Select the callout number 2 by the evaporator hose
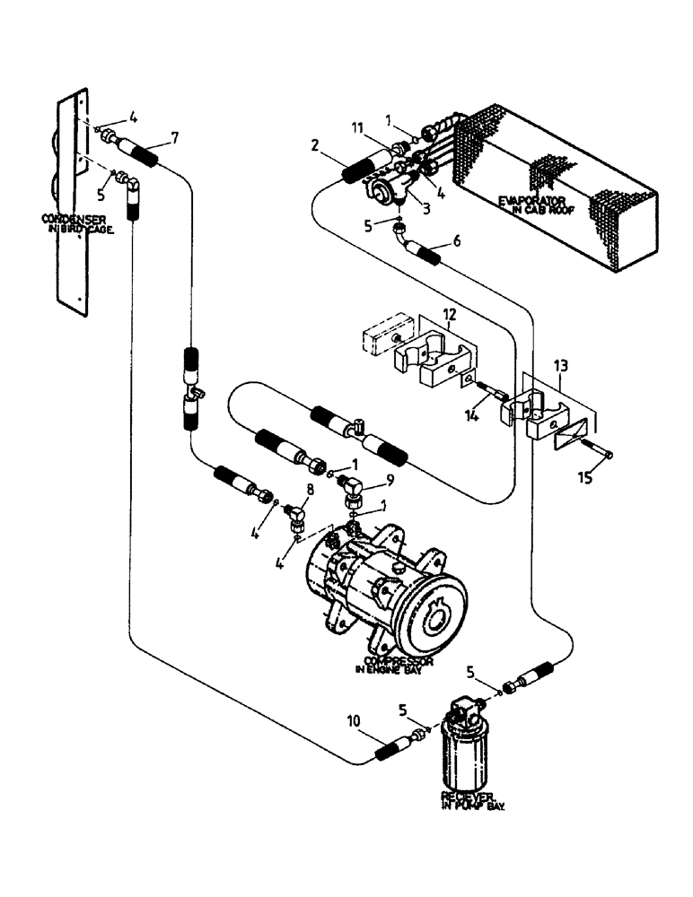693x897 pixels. click(x=316, y=144)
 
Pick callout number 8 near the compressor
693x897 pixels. click(x=310, y=489)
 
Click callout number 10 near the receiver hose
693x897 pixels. click(x=355, y=718)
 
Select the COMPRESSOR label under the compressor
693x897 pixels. click(x=395, y=661)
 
